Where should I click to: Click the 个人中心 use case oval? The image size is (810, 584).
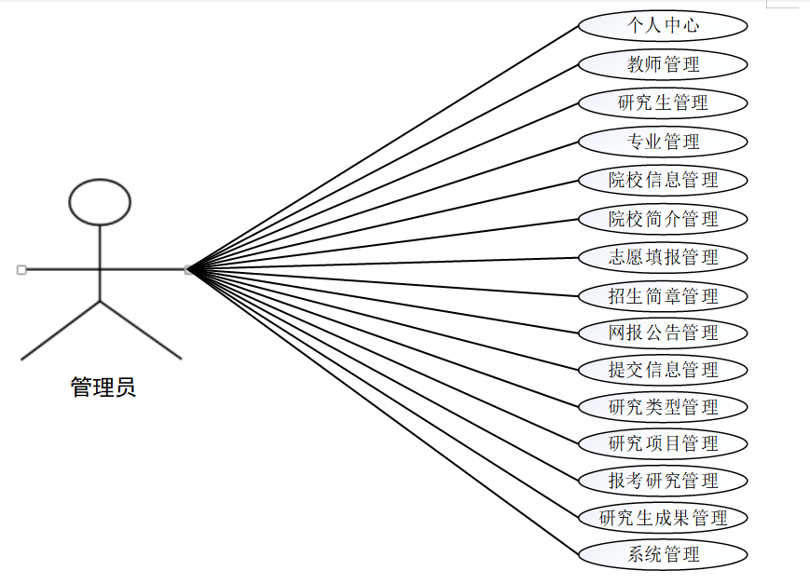(663, 25)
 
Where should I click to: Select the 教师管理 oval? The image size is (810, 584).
(663, 64)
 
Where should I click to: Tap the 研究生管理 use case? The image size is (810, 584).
(663, 102)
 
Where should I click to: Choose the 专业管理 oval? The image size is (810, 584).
(663, 142)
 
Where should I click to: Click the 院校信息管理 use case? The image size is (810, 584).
(663, 180)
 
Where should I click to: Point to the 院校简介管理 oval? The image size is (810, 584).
(663, 219)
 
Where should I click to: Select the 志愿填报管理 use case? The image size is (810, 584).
(663, 257)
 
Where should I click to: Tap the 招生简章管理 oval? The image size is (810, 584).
(663, 296)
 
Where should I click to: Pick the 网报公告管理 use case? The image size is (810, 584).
(663, 333)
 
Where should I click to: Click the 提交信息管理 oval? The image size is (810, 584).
(663, 370)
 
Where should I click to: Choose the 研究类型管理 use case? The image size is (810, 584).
(663, 407)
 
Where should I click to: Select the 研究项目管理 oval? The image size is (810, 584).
(663, 443)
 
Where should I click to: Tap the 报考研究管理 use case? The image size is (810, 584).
(663, 481)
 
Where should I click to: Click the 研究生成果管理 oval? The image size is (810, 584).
(663, 518)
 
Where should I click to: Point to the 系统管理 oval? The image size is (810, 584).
(663, 555)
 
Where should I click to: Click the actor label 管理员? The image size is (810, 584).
(103, 387)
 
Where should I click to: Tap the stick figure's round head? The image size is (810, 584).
(101, 201)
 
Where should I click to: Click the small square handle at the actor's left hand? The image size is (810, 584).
(21, 270)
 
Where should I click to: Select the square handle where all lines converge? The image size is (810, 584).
(188, 270)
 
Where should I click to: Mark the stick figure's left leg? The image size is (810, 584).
(61, 330)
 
